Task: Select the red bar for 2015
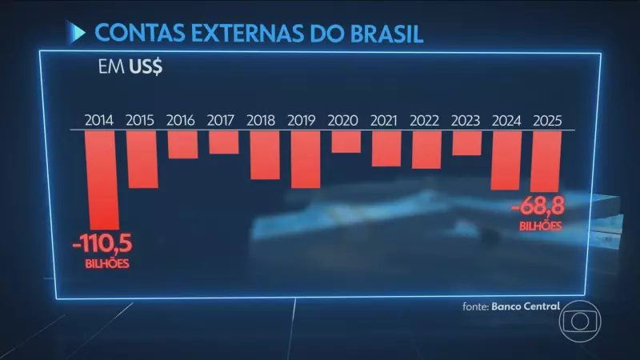tap(142, 160)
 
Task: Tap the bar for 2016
tap(182, 145)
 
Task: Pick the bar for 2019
tap(306, 160)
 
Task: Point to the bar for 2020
tap(346, 142)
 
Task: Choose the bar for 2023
tap(466, 143)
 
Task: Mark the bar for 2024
tap(506, 161)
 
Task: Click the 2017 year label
tap(223, 122)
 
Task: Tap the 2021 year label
tap(386, 122)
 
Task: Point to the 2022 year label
tap(426, 122)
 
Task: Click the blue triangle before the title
tap(78, 34)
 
